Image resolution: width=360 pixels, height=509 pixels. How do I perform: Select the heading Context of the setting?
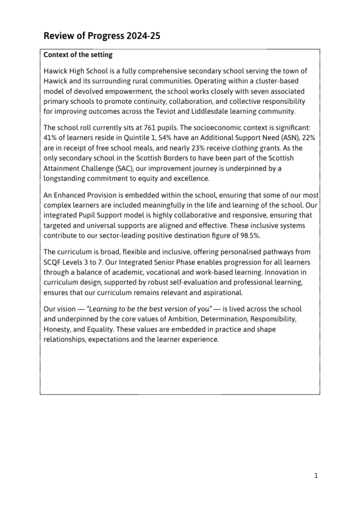(x=78, y=55)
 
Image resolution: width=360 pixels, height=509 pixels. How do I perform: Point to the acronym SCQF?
(x=53, y=262)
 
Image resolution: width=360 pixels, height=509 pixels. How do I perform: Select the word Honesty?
(x=57, y=329)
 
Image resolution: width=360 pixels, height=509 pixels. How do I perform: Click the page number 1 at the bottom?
(x=316, y=476)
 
